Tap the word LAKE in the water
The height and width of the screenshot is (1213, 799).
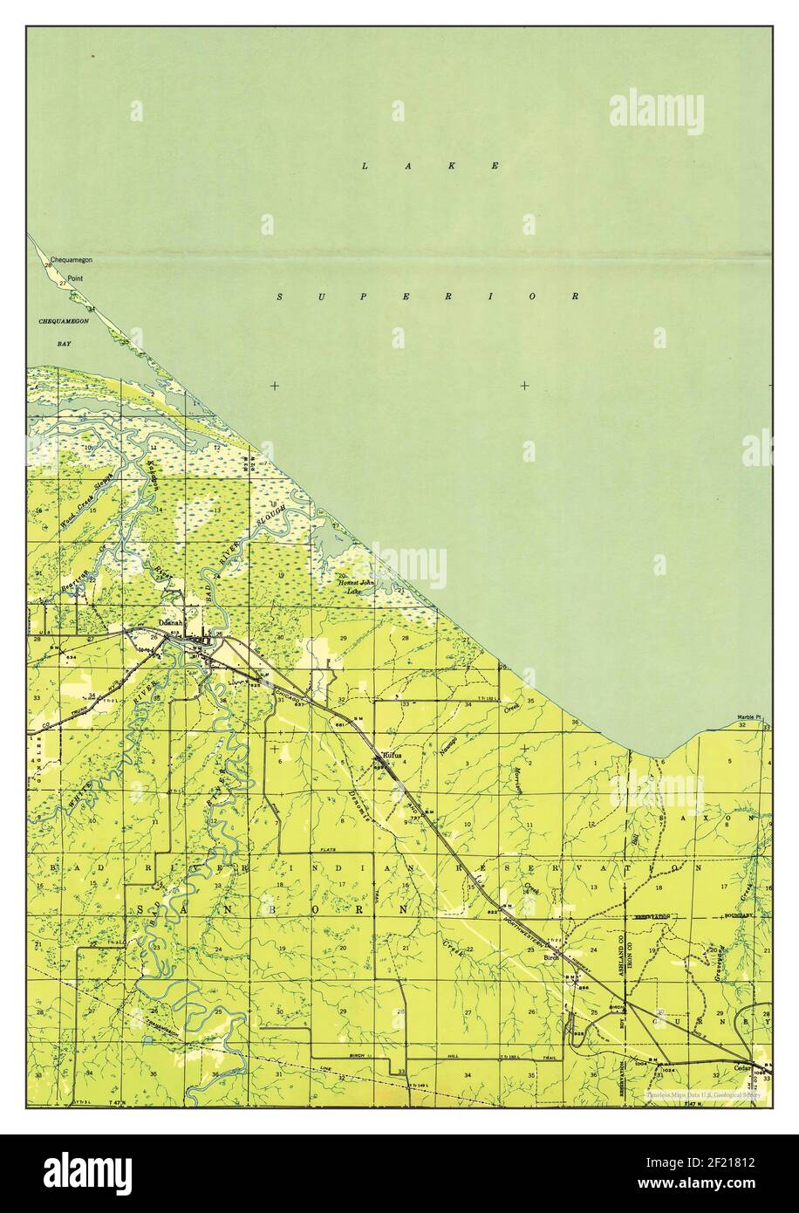pyautogui.click(x=430, y=165)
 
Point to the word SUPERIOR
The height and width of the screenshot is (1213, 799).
pyautogui.click(x=428, y=297)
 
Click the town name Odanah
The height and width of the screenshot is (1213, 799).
pyautogui.click(x=172, y=623)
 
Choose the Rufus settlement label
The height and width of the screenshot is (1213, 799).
pyautogui.click(x=389, y=756)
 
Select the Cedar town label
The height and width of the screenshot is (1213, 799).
pyautogui.click(x=742, y=1066)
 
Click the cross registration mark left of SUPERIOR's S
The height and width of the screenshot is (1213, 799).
pyautogui.click(x=275, y=385)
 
